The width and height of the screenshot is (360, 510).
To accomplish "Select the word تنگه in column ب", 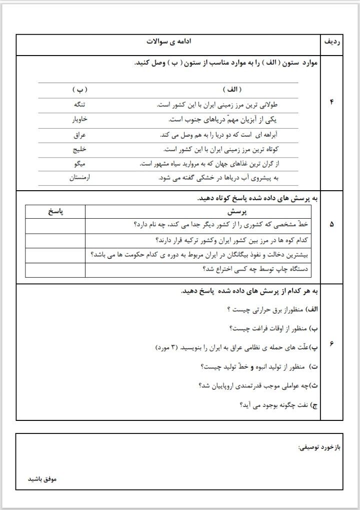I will (79, 105).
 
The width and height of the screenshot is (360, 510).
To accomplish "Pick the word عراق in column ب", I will (80, 135).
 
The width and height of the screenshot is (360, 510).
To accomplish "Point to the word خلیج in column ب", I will (80, 150).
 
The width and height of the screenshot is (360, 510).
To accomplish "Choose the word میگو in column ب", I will (80, 164).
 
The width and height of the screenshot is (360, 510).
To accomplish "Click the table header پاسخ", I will (55, 212).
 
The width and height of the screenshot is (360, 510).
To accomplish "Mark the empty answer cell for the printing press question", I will (55, 270).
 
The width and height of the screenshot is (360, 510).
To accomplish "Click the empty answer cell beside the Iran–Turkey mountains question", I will (55, 241).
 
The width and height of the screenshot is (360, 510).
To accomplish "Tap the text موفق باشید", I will (42, 479).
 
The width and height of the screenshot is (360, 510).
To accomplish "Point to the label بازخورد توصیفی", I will (318, 446).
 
